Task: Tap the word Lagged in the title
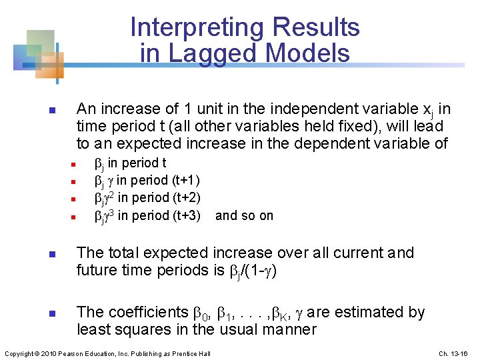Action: coord(209,53)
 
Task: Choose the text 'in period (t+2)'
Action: coord(160,198)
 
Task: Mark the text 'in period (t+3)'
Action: coord(160,215)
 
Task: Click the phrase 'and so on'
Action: coord(245,215)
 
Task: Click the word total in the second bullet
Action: coord(126,253)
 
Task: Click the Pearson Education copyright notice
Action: coord(107,353)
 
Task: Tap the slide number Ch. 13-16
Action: coord(455,353)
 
